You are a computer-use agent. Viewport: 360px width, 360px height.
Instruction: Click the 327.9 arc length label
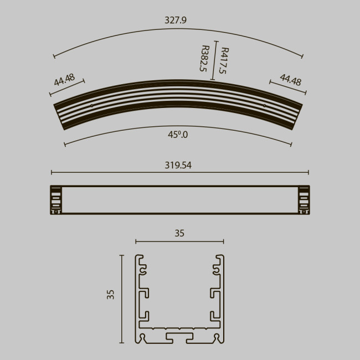[176, 20]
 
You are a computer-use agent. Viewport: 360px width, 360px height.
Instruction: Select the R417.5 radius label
[224, 60]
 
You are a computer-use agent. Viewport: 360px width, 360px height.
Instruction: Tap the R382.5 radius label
[204, 59]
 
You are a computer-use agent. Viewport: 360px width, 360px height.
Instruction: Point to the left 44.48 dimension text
[64, 79]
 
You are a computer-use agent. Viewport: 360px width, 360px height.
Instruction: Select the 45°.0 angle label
[178, 134]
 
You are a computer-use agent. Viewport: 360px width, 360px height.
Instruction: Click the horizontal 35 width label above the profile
[179, 233]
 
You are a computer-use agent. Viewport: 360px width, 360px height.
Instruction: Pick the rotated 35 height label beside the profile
[110, 294]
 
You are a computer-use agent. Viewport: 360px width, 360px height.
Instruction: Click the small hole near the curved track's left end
[92, 105]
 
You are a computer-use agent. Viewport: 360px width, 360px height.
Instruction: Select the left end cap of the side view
[56, 199]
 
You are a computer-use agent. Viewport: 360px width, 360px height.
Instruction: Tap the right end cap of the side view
[303, 199]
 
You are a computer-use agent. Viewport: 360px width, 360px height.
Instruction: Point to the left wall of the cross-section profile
[138, 299]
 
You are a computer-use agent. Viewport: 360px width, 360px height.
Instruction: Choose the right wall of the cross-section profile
[221, 299]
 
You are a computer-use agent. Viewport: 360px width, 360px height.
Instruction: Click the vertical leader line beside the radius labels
[214, 61]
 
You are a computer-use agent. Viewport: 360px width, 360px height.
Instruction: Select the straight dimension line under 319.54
[179, 173]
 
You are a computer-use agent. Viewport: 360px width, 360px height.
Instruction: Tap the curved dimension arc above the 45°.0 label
[178, 126]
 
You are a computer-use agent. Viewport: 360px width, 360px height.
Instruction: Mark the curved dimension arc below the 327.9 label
[178, 34]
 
